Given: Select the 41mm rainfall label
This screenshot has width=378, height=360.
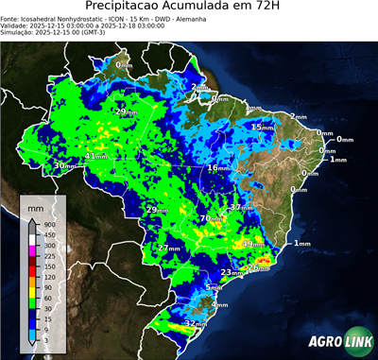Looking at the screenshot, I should (97, 157).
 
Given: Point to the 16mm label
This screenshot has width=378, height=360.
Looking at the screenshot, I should (218, 168).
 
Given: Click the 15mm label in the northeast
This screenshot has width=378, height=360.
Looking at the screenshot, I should (261, 127).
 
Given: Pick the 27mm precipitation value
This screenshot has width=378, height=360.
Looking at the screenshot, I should (168, 248).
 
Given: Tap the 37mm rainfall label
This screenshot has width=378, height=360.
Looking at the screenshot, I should (242, 207).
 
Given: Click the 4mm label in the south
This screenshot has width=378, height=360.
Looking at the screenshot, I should (219, 304).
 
